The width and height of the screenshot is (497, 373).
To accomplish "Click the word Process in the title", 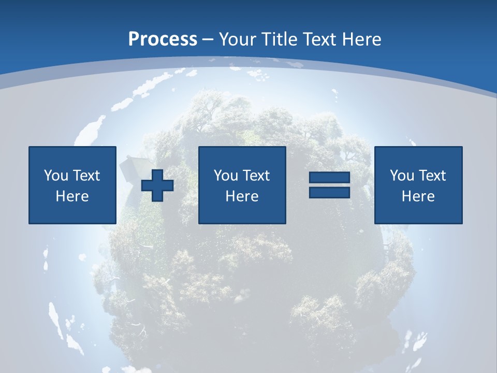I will pyautogui.click(x=163, y=39).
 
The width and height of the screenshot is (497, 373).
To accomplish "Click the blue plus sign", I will pyautogui.click(x=157, y=185).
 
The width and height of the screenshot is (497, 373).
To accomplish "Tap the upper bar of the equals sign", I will pyautogui.click(x=329, y=178).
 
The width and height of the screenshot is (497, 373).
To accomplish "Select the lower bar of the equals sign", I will pyautogui.click(x=329, y=192).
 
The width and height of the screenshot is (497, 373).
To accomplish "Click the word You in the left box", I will pyautogui.click(x=56, y=176).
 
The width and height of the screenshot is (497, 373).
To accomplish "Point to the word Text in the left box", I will pyautogui.click(x=86, y=176).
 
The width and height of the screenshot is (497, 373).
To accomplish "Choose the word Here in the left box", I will pyautogui.click(x=72, y=196).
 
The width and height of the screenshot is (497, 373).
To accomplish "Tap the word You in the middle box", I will pyautogui.click(x=226, y=176).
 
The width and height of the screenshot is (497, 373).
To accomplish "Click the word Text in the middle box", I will pyautogui.click(x=256, y=176).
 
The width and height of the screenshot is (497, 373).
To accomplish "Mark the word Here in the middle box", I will pyautogui.click(x=242, y=196).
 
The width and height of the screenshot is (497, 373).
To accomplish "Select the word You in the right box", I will pyautogui.click(x=402, y=176).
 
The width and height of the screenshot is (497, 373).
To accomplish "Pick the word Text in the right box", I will pyautogui.click(x=432, y=176).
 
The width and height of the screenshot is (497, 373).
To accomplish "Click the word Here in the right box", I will pyautogui.click(x=418, y=196).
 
